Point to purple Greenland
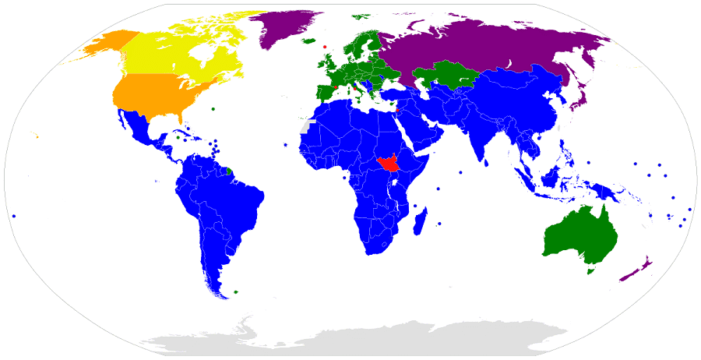[288, 27]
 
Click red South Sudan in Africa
[386, 164]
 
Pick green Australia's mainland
[580, 234]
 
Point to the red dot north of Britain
[325, 47]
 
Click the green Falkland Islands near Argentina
[236, 292]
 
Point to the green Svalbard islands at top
[360, 16]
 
